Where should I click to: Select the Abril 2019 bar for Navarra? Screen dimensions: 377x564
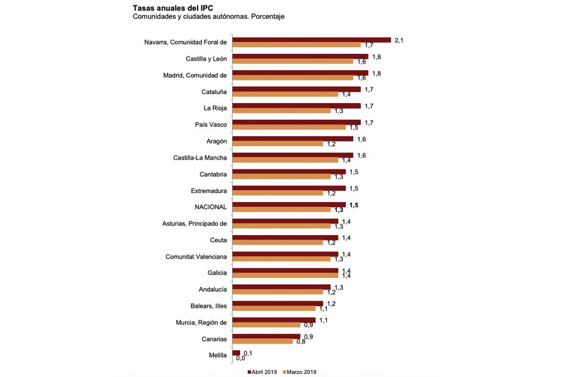point(312,40)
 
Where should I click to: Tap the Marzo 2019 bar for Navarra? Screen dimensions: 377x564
point(297,45)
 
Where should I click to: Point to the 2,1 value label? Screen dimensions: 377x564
point(399,40)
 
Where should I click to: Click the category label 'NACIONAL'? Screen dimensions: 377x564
point(210,207)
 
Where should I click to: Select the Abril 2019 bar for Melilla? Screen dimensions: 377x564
point(236,353)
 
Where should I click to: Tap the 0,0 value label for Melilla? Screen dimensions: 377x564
point(240,358)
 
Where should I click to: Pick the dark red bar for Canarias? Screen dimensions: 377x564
point(266,336)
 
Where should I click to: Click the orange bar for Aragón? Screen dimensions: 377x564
point(278,144)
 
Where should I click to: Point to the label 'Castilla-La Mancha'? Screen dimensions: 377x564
point(200,158)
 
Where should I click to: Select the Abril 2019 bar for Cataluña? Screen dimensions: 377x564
point(297,89)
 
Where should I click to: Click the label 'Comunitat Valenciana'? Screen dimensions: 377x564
point(196,257)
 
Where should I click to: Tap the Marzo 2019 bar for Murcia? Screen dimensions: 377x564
point(266,325)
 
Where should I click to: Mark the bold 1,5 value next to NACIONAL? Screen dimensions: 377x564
point(354,205)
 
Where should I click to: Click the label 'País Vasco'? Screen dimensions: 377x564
point(210,125)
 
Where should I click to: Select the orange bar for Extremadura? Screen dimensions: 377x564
point(278,193)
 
